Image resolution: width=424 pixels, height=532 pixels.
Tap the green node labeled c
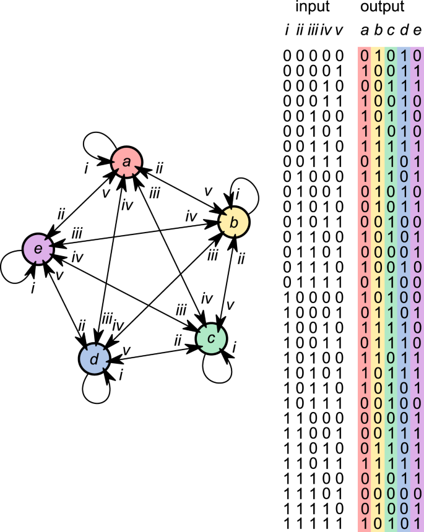[212, 338]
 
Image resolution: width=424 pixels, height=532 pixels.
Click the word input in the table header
[313, 8]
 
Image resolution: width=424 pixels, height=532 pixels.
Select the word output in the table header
[383, 8]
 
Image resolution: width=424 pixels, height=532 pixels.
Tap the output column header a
[365, 30]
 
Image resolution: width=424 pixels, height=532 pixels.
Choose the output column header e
[417, 30]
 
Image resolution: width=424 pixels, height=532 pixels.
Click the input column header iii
[313, 30]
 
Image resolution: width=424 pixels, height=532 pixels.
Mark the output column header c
[391, 30]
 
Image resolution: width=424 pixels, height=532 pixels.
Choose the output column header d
[404, 30]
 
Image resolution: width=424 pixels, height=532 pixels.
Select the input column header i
[287, 30]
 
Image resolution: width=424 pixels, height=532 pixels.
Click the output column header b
[378, 30]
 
